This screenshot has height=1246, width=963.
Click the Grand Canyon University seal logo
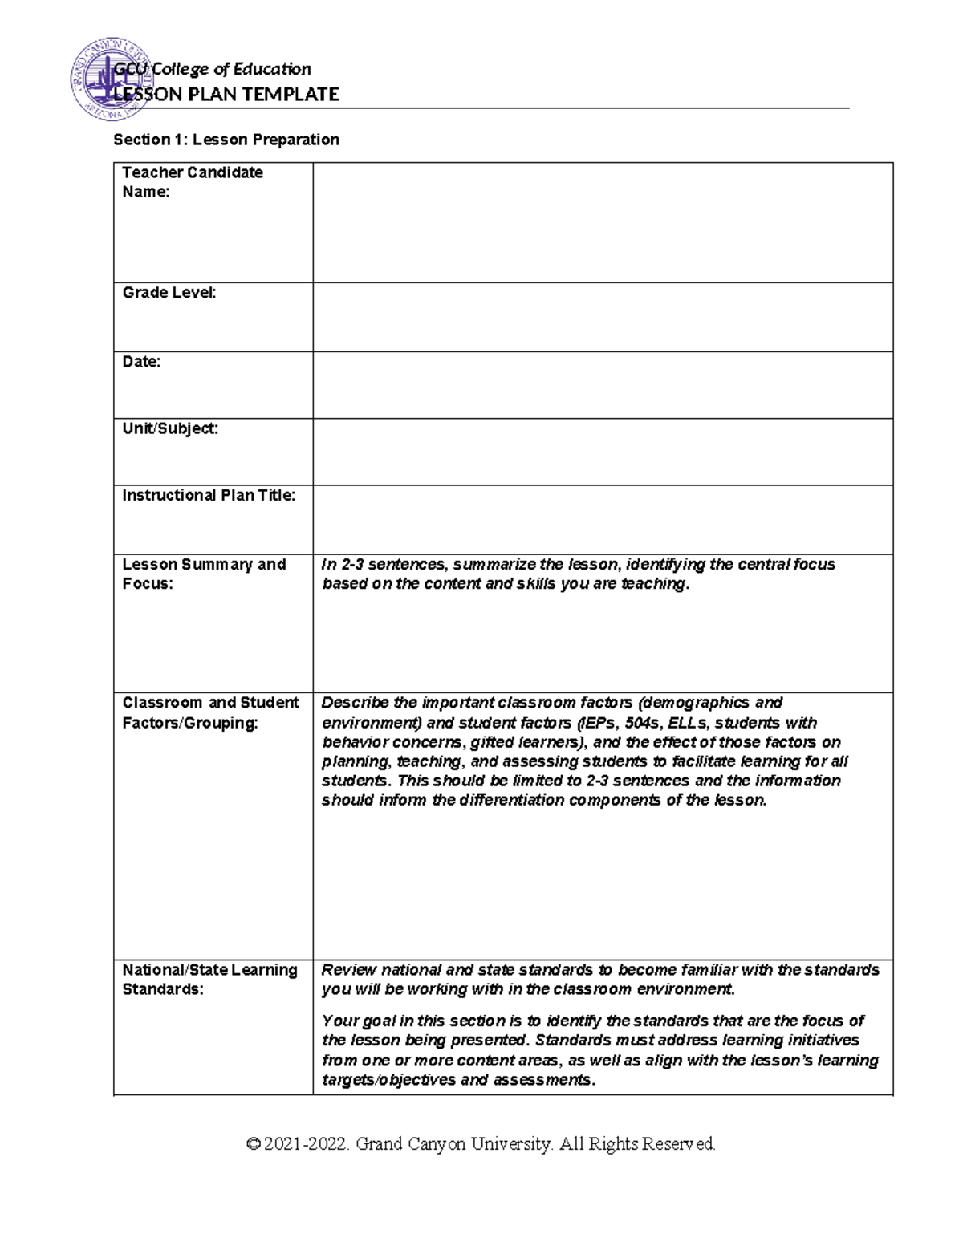(104, 79)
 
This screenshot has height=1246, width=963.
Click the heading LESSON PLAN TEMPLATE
(226, 95)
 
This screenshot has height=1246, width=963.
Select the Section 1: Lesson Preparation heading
(226, 140)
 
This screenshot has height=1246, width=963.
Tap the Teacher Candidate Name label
(192, 182)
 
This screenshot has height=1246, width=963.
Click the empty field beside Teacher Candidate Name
(602, 222)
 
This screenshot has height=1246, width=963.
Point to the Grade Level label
(169, 293)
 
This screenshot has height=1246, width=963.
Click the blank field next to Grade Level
(602, 317)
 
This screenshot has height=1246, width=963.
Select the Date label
(141, 362)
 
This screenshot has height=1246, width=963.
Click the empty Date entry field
(602, 385)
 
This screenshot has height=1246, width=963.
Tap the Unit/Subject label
(170, 428)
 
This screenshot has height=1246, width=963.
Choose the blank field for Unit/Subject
(602, 452)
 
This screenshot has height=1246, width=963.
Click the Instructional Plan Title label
(209, 495)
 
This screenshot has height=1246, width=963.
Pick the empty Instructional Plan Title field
(602, 519)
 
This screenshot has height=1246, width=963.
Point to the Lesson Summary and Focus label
(204, 574)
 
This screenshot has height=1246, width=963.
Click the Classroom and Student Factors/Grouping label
(210, 712)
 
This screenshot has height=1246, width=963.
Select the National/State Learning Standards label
(209, 980)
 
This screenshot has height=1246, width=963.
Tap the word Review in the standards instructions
(348, 970)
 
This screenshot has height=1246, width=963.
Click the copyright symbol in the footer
(254, 1144)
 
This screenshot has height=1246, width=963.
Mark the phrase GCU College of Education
(213, 69)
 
